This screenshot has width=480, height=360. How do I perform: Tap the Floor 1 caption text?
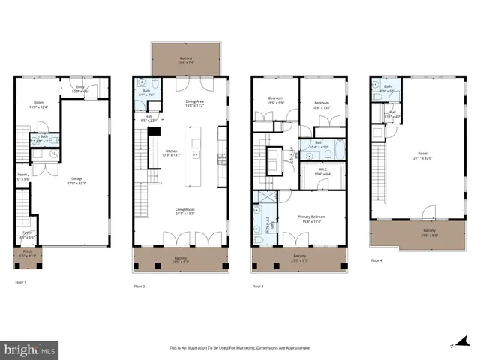pyautogui.click(x=21, y=283)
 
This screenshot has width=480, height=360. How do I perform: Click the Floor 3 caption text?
pyautogui.click(x=257, y=286)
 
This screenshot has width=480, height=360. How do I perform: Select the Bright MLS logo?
pyautogui.click(x=30, y=349)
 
